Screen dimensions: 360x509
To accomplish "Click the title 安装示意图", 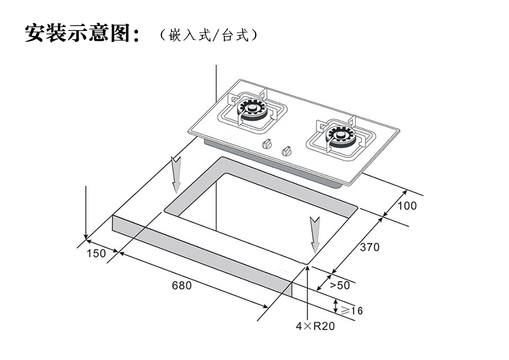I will click(x=83, y=33).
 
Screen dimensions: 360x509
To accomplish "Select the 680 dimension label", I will click(x=182, y=285).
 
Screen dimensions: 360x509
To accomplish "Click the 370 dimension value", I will click(x=370, y=247).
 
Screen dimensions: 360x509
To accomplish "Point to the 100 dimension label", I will click(x=407, y=206).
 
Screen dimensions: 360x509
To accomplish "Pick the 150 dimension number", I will click(x=95, y=253).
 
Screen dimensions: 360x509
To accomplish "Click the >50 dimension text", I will click(x=340, y=285).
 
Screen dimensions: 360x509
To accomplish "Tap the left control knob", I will click(x=268, y=144).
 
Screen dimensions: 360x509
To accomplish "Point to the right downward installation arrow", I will click(x=315, y=233).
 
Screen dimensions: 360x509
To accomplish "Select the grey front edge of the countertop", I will click(x=201, y=255).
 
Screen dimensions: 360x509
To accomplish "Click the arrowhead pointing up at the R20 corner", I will click(x=308, y=270).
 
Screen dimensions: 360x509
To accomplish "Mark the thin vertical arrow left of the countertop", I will click(x=86, y=213).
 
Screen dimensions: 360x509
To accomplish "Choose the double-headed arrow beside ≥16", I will click(x=336, y=307).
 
